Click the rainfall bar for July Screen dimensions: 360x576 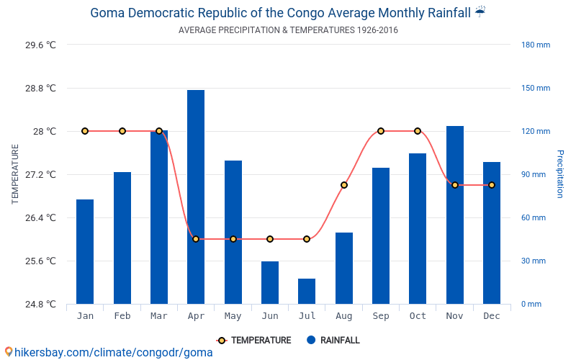tap(307, 291)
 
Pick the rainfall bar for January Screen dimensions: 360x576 tap(85, 251)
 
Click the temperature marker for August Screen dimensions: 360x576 tap(344, 185)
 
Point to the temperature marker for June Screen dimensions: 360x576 tap(270, 239)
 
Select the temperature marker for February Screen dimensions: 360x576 tap(122, 131)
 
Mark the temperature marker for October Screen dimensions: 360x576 tap(418, 131)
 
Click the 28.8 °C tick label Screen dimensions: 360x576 tap(40, 89)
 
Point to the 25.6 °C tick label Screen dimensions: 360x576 tap(40, 261)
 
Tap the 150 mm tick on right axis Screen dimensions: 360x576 tap(536, 89)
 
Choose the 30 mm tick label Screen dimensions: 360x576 tap(534, 261)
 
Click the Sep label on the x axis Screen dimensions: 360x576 tap(381, 316)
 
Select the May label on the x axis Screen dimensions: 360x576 tap(233, 316)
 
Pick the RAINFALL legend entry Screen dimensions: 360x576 tap(333, 341)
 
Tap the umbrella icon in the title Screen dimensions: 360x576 tap(480, 12)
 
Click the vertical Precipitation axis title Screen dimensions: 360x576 tap(559, 174)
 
